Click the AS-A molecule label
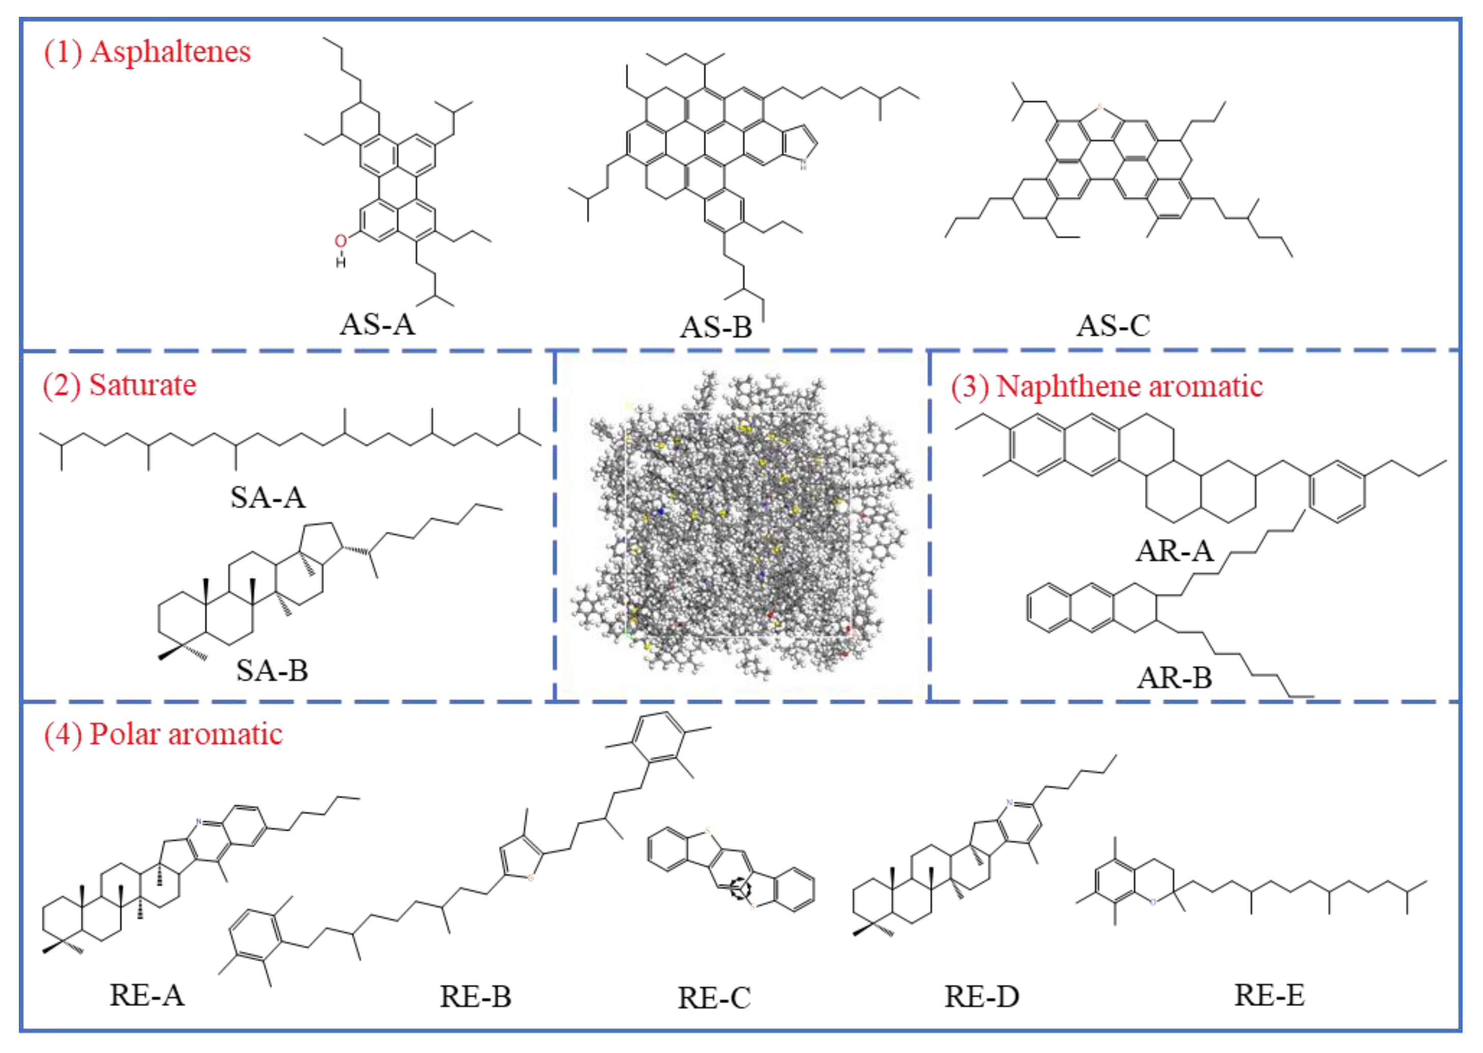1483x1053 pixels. tap(377, 324)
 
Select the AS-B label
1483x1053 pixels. tap(716, 327)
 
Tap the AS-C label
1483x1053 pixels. tap(1113, 325)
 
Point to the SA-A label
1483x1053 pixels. tap(268, 497)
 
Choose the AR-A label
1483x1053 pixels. tap(1174, 550)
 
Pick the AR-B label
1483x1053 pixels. tap(1174, 678)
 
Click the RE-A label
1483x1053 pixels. tap(147, 995)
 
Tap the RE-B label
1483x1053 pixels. tap(475, 996)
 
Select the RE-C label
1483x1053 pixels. tap(714, 998)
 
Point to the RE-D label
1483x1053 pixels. tap(982, 996)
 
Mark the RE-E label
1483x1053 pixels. tap(1269, 995)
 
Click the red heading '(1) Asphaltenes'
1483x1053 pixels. tap(147, 52)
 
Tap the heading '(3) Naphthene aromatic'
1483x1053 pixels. tap(1106, 386)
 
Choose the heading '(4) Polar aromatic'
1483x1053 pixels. tap(163, 734)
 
